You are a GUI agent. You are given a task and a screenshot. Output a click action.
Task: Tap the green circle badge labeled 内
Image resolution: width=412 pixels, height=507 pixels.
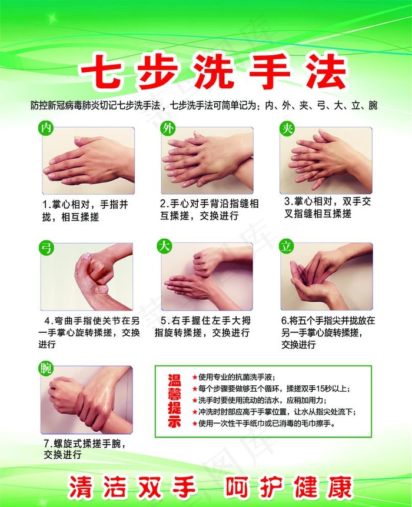pyautogui.click(x=46, y=128)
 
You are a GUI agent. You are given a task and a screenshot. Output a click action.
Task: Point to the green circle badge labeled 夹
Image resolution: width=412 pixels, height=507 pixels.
pyautogui.click(x=287, y=128)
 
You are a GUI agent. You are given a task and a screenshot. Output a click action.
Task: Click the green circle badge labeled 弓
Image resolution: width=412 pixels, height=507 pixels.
pyautogui.click(x=46, y=246)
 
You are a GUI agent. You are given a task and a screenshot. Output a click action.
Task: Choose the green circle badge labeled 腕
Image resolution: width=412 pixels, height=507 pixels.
pyautogui.click(x=46, y=368)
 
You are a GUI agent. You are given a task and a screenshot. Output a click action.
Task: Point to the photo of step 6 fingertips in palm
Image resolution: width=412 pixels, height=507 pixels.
pyautogui.click(x=327, y=277)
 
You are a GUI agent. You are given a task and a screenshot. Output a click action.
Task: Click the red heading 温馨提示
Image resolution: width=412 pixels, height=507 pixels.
pyautogui.click(x=175, y=400)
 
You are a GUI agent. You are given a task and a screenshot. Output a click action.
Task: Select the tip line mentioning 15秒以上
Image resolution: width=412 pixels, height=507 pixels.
pyautogui.click(x=274, y=389)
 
